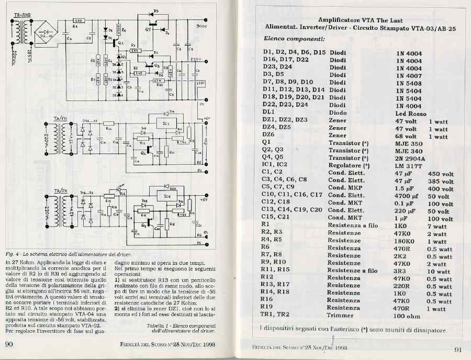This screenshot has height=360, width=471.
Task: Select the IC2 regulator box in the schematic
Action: click(166, 197)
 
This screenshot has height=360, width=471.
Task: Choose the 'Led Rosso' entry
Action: click(410, 113)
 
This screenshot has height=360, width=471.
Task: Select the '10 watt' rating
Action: click(439, 271)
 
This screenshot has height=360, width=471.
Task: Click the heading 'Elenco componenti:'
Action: click(294, 39)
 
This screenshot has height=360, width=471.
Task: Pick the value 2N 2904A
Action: click(410, 158)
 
